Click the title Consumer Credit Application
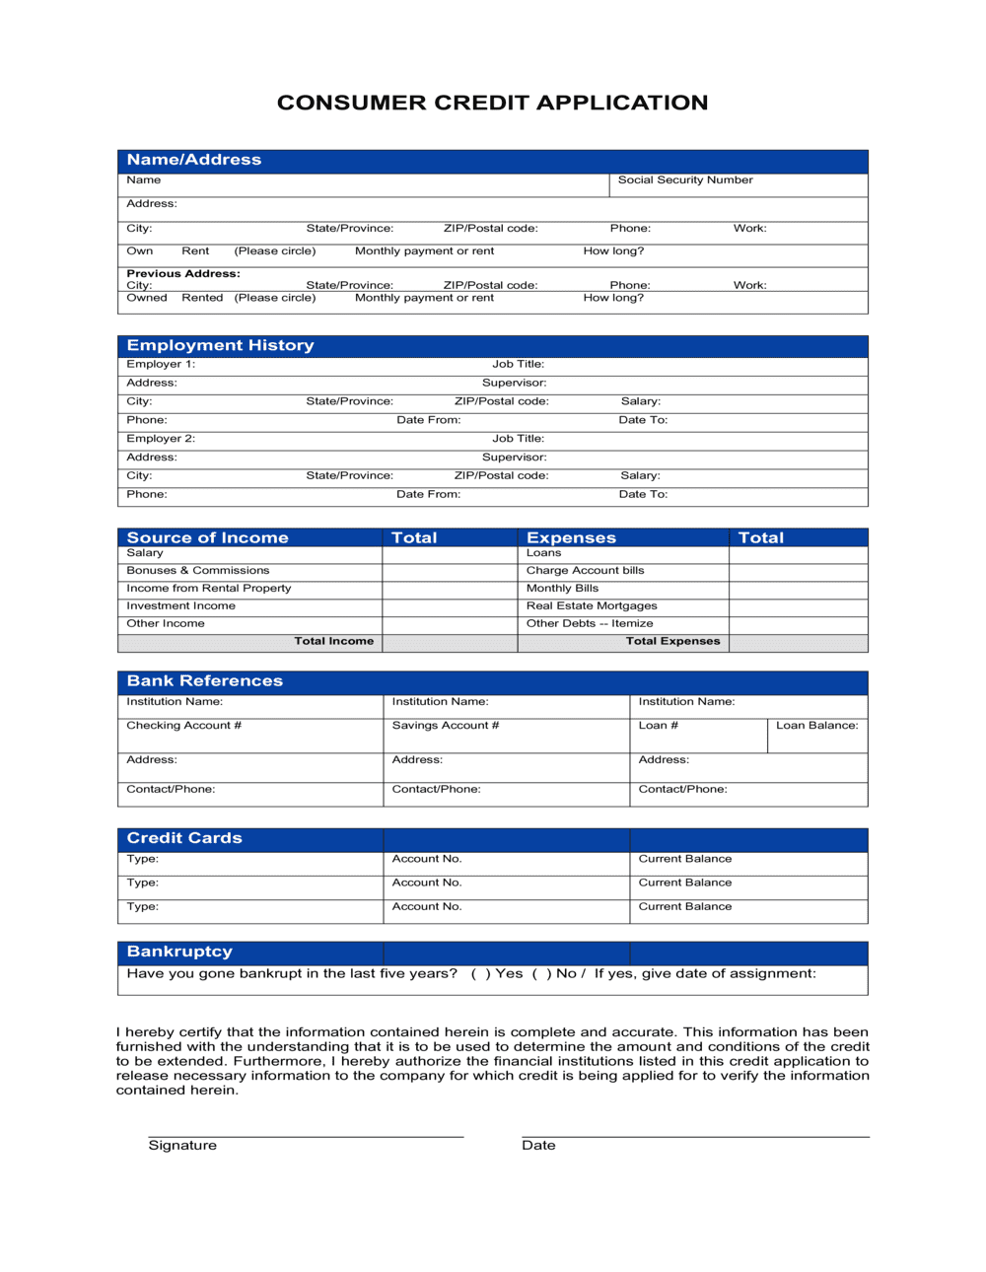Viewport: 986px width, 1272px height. [492, 103]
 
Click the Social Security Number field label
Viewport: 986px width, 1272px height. [684, 180]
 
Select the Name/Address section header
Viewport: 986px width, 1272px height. [194, 160]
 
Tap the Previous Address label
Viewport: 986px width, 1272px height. [183, 273]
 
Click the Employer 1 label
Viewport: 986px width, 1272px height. [161, 364]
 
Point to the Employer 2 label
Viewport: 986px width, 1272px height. [161, 439]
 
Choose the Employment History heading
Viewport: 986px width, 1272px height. [220, 345]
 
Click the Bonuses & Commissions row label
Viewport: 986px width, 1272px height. [197, 571]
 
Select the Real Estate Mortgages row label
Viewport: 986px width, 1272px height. [591, 606]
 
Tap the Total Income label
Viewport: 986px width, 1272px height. [333, 641]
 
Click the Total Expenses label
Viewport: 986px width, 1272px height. [672, 641]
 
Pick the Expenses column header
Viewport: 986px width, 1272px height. [571, 537]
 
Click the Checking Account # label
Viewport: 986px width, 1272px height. [183, 726]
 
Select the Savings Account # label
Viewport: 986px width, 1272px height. [445, 726]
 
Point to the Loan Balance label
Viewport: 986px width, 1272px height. [816, 726]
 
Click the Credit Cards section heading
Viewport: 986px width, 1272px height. [184, 838]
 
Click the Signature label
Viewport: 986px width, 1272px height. [182, 1146]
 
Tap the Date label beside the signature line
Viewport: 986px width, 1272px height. [538, 1146]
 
